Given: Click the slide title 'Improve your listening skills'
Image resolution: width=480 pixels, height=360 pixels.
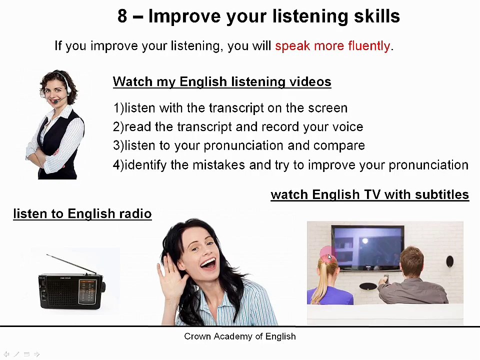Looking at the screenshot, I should (x=274, y=16).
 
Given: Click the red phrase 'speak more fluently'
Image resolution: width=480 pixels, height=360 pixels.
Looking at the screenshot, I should (x=332, y=46).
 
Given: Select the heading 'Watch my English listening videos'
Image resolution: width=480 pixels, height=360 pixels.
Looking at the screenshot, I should (x=222, y=82).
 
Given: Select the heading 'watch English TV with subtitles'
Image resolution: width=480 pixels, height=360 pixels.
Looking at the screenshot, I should (x=369, y=195).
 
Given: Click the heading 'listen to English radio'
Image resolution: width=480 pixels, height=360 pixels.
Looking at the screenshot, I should (x=82, y=214).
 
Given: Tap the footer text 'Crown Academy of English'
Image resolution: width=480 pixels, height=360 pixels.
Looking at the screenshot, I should (x=240, y=336).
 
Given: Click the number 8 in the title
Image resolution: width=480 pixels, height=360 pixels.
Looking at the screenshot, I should (x=122, y=16).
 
